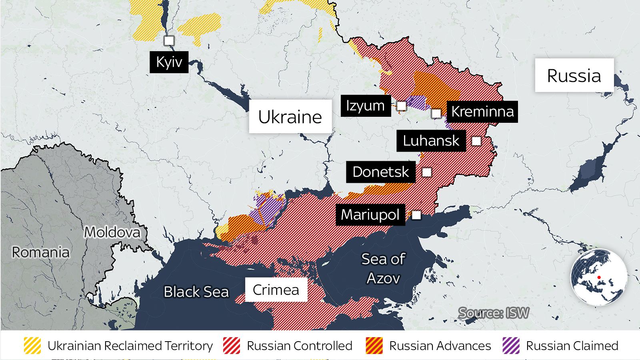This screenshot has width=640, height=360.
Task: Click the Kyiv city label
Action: [169, 62]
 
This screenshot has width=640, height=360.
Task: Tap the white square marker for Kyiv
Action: [169, 40]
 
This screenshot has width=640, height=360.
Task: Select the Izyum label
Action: [366, 106]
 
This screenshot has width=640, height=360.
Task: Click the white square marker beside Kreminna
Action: [436, 113]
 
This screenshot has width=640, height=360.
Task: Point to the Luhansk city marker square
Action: [476, 141]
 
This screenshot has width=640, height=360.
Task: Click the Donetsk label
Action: [380, 172]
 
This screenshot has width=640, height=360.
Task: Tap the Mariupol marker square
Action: [416, 215]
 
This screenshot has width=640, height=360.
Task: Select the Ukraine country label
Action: [290, 117]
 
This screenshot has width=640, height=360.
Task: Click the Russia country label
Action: [574, 76]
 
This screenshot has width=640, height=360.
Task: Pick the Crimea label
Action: [276, 290]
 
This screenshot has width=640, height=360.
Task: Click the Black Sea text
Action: [196, 292]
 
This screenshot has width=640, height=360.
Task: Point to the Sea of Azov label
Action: [383, 268]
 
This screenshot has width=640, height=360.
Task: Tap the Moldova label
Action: [112, 232]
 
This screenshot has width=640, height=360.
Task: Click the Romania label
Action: [40, 252]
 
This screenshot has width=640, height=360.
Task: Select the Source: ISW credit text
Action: [494, 313]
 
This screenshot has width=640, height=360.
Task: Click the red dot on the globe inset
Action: [599, 277]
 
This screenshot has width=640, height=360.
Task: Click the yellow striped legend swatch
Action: [32, 346]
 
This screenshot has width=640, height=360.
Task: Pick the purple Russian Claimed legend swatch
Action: [511, 346]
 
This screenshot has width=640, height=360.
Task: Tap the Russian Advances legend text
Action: [440, 346]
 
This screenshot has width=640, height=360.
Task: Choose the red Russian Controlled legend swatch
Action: [232, 346]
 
